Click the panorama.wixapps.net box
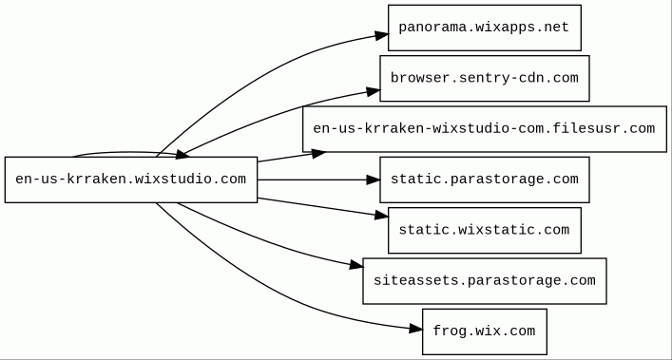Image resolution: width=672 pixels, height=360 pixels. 485,28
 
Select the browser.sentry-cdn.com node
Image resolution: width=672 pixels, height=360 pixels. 485,78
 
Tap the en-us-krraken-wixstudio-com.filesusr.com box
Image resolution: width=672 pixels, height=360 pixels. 485,129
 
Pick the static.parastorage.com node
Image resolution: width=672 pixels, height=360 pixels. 485,180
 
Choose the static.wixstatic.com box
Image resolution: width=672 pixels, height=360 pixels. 485,230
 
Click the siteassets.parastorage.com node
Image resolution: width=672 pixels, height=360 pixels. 485,281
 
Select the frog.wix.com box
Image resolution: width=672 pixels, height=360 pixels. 485,332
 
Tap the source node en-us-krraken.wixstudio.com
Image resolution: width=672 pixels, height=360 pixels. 131,180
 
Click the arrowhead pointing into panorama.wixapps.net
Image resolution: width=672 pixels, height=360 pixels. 381,35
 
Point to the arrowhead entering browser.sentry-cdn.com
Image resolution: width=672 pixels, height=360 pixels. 374,91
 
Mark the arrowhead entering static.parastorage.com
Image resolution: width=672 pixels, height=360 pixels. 374,180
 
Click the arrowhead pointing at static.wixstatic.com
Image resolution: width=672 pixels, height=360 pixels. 381,216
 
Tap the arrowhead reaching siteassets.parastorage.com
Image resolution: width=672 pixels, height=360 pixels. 356,265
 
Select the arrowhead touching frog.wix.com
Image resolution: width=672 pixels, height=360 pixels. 415,329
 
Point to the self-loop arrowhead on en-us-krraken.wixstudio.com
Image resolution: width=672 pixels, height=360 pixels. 183,155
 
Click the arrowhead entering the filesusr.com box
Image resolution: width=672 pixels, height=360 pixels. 318,153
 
